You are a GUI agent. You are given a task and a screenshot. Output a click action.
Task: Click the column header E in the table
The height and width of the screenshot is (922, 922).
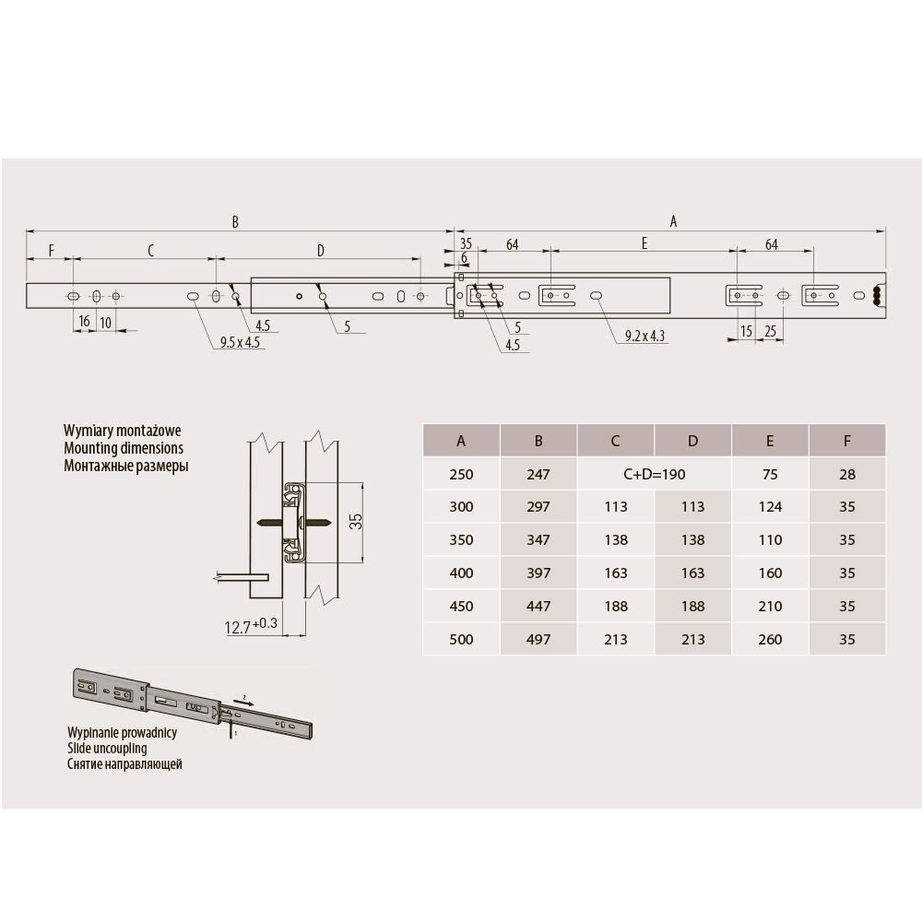(x=770, y=441)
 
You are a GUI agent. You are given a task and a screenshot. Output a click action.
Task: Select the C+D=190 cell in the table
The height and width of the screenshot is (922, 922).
(x=654, y=475)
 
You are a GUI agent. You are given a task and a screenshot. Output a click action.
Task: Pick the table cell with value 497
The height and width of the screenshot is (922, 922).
(x=538, y=639)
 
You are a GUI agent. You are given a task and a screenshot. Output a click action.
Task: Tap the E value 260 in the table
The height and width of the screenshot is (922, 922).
(x=770, y=639)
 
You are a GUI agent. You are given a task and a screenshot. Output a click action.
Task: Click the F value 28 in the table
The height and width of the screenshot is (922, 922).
(x=846, y=475)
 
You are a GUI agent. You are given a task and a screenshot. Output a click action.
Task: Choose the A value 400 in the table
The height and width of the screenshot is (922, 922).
(x=461, y=573)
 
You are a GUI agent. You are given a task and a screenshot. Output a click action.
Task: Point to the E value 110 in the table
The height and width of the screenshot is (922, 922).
(x=770, y=539)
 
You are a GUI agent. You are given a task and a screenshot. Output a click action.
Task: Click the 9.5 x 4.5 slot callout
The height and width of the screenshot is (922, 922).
(x=240, y=342)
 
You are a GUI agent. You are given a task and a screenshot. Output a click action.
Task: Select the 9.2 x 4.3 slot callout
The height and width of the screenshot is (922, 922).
(x=644, y=336)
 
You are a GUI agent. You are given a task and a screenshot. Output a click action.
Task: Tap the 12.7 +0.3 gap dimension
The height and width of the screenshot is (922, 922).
(x=251, y=626)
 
